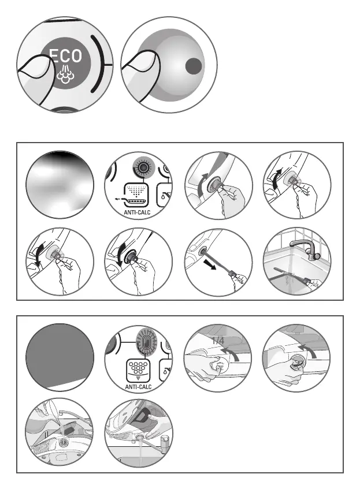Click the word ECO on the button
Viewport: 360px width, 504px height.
(66, 56)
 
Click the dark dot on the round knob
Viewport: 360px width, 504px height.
(194, 66)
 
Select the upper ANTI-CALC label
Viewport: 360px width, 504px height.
(137, 212)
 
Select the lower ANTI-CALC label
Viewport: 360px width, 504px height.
(138, 387)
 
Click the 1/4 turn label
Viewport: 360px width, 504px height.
(218, 341)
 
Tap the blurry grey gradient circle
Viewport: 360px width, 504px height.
(60, 185)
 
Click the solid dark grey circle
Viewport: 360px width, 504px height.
(60, 357)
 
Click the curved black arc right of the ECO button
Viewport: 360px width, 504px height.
(101, 64)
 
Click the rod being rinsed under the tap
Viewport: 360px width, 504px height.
(290, 275)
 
